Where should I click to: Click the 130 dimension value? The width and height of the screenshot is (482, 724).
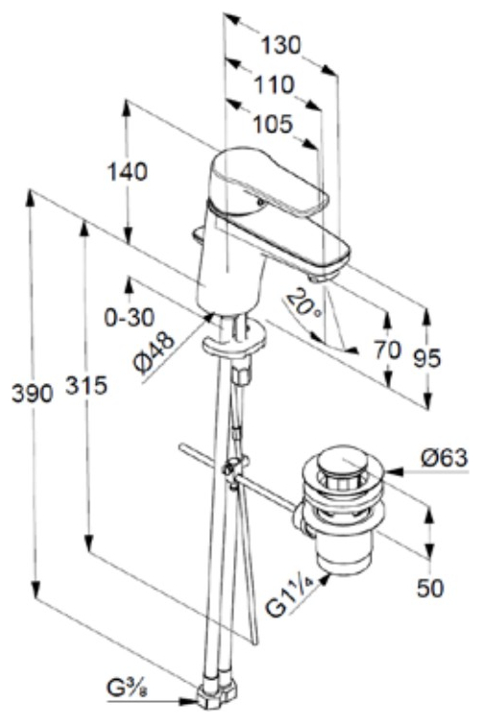tap(280, 45)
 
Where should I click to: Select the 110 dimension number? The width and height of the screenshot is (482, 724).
tap(275, 84)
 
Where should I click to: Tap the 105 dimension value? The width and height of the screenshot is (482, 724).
tap(273, 124)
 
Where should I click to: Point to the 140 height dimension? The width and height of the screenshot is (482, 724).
tap(128, 171)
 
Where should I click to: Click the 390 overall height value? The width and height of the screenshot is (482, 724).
tap(32, 394)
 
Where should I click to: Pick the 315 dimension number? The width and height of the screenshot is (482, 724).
tap(86, 385)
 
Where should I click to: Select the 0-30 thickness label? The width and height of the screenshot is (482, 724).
tap(130, 318)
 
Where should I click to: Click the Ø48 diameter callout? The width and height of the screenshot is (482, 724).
tap(156, 353)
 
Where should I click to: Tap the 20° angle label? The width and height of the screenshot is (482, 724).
tap(303, 302)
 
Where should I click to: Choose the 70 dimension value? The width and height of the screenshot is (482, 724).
tap(388, 350)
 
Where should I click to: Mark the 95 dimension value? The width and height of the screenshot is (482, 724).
tap(427, 358)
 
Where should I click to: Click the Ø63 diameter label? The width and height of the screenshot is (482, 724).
tap(445, 458)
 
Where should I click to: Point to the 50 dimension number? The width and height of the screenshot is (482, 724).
tap(430, 588)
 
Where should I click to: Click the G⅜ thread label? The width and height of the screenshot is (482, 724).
tap(128, 688)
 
